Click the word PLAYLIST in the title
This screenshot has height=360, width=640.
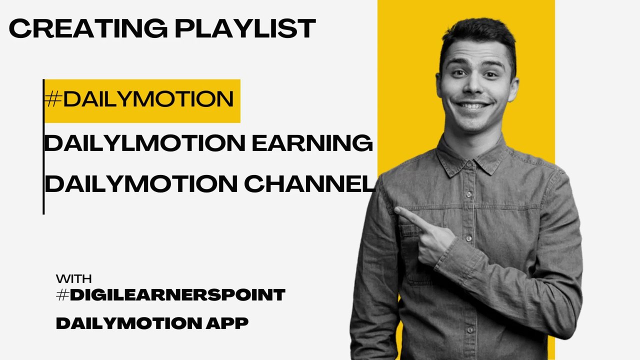click(245, 28)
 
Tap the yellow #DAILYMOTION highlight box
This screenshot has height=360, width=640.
click(142, 100)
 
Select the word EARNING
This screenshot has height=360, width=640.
click(312, 144)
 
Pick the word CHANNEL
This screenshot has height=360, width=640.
click(309, 184)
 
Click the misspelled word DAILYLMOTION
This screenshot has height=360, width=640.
click(145, 144)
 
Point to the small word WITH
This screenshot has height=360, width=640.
click(73, 279)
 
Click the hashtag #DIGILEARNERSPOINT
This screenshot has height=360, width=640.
click(170, 295)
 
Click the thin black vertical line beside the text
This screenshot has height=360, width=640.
click(43, 150)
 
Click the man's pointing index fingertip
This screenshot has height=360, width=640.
click(397, 210)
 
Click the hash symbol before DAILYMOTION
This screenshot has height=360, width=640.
click(53, 100)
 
